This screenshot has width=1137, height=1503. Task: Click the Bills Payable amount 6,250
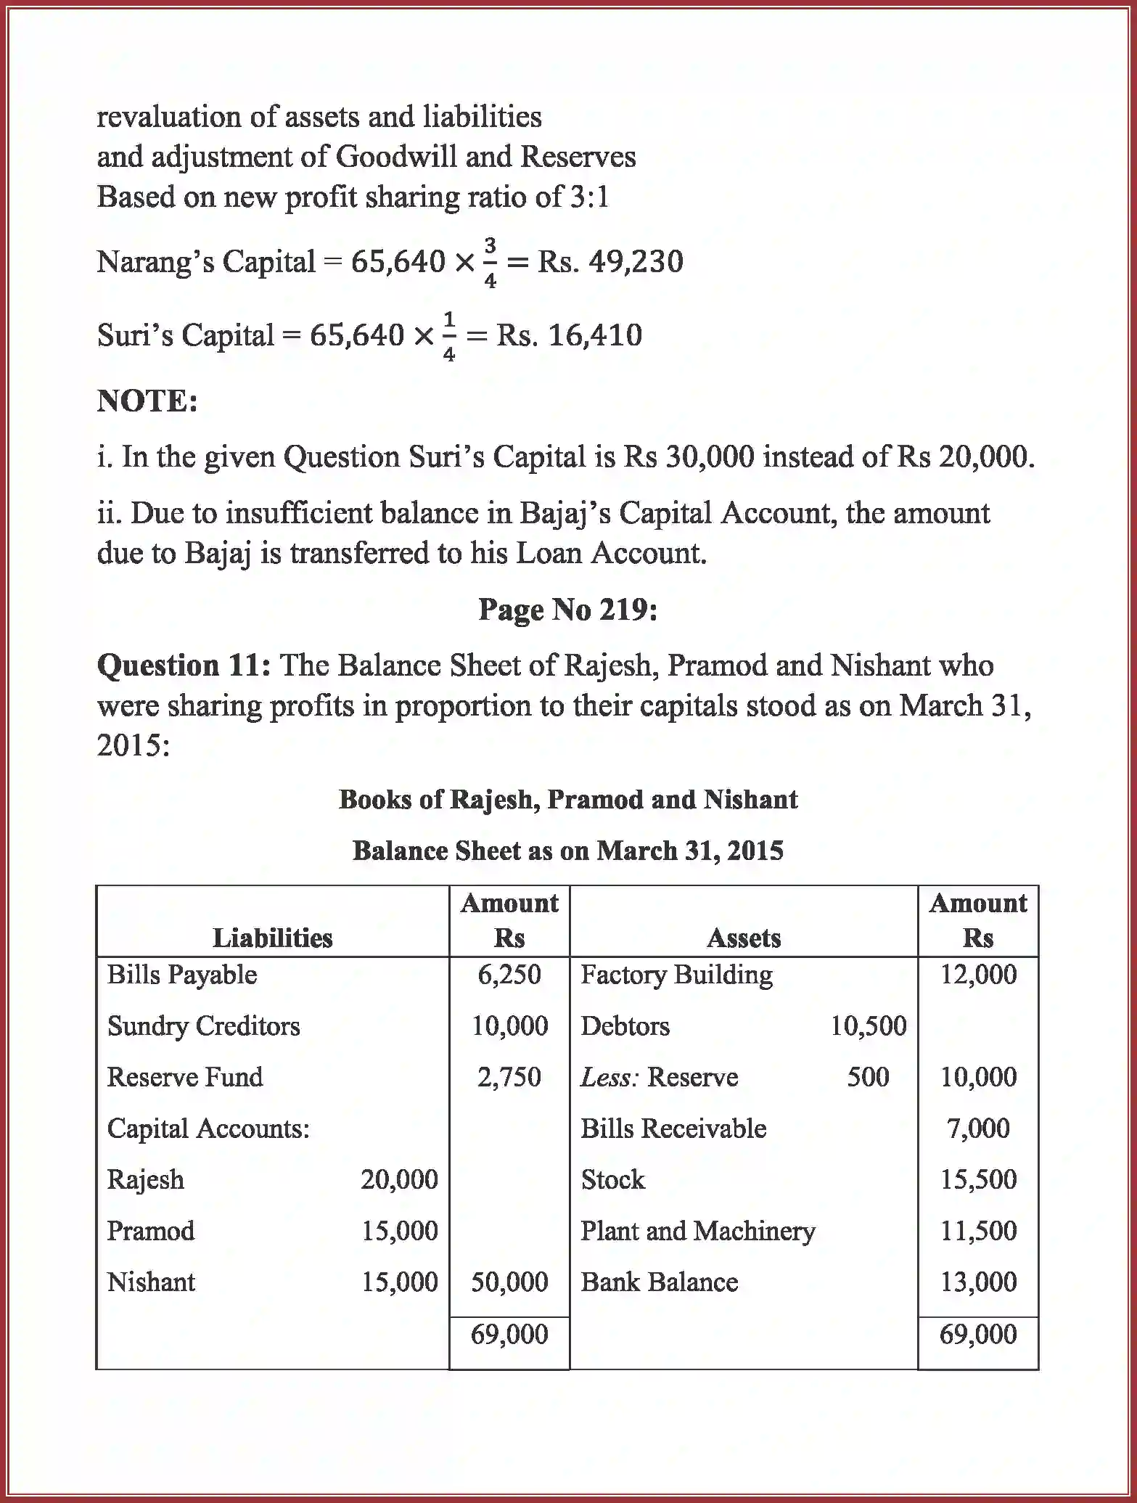click(509, 975)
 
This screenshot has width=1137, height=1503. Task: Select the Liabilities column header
click(272, 938)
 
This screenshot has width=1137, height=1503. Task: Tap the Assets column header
click(743, 938)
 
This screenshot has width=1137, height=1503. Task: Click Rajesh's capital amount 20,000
click(399, 1179)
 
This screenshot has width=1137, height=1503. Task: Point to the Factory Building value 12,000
click(977, 975)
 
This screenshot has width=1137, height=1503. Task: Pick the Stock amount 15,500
click(977, 1179)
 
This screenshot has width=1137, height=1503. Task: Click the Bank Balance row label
click(659, 1282)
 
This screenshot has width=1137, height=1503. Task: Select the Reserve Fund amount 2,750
click(509, 1077)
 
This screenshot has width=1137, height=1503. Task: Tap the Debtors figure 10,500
click(868, 1026)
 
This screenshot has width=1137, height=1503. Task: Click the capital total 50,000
click(509, 1282)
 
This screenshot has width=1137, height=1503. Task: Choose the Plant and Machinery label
click(697, 1231)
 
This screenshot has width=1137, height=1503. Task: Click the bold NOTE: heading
click(147, 401)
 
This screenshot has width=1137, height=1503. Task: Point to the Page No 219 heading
click(567, 610)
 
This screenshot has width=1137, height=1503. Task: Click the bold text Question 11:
click(184, 665)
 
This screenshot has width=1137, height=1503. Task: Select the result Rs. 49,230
click(609, 262)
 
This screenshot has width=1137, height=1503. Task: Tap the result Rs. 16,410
click(569, 335)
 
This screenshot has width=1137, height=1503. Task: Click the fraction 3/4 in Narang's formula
click(490, 263)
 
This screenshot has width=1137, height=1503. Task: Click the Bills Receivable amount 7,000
click(977, 1129)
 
